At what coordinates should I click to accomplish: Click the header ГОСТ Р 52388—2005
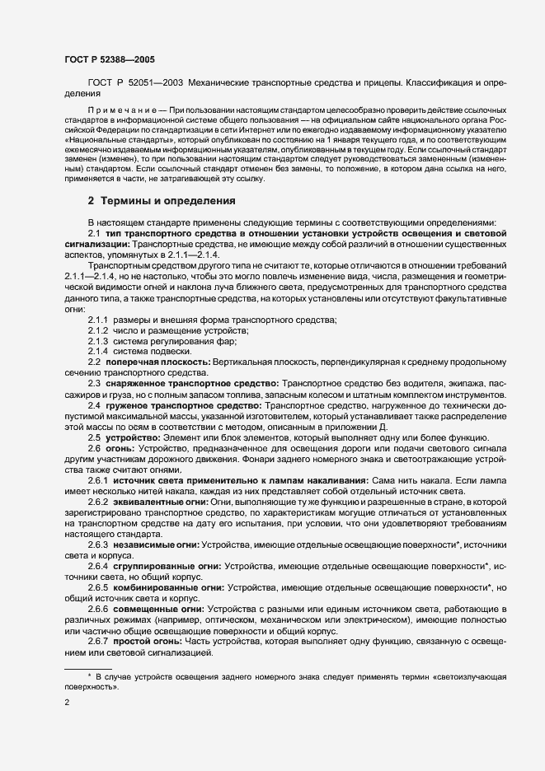pyautogui.click(x=109, y=59)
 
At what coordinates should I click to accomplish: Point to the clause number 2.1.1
pyautogui.click(x=98, y=320)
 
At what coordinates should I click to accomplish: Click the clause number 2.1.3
pyautogui.click(x=98, y=341)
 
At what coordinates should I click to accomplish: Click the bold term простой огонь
pyautogui.click(x=145, y=641)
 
